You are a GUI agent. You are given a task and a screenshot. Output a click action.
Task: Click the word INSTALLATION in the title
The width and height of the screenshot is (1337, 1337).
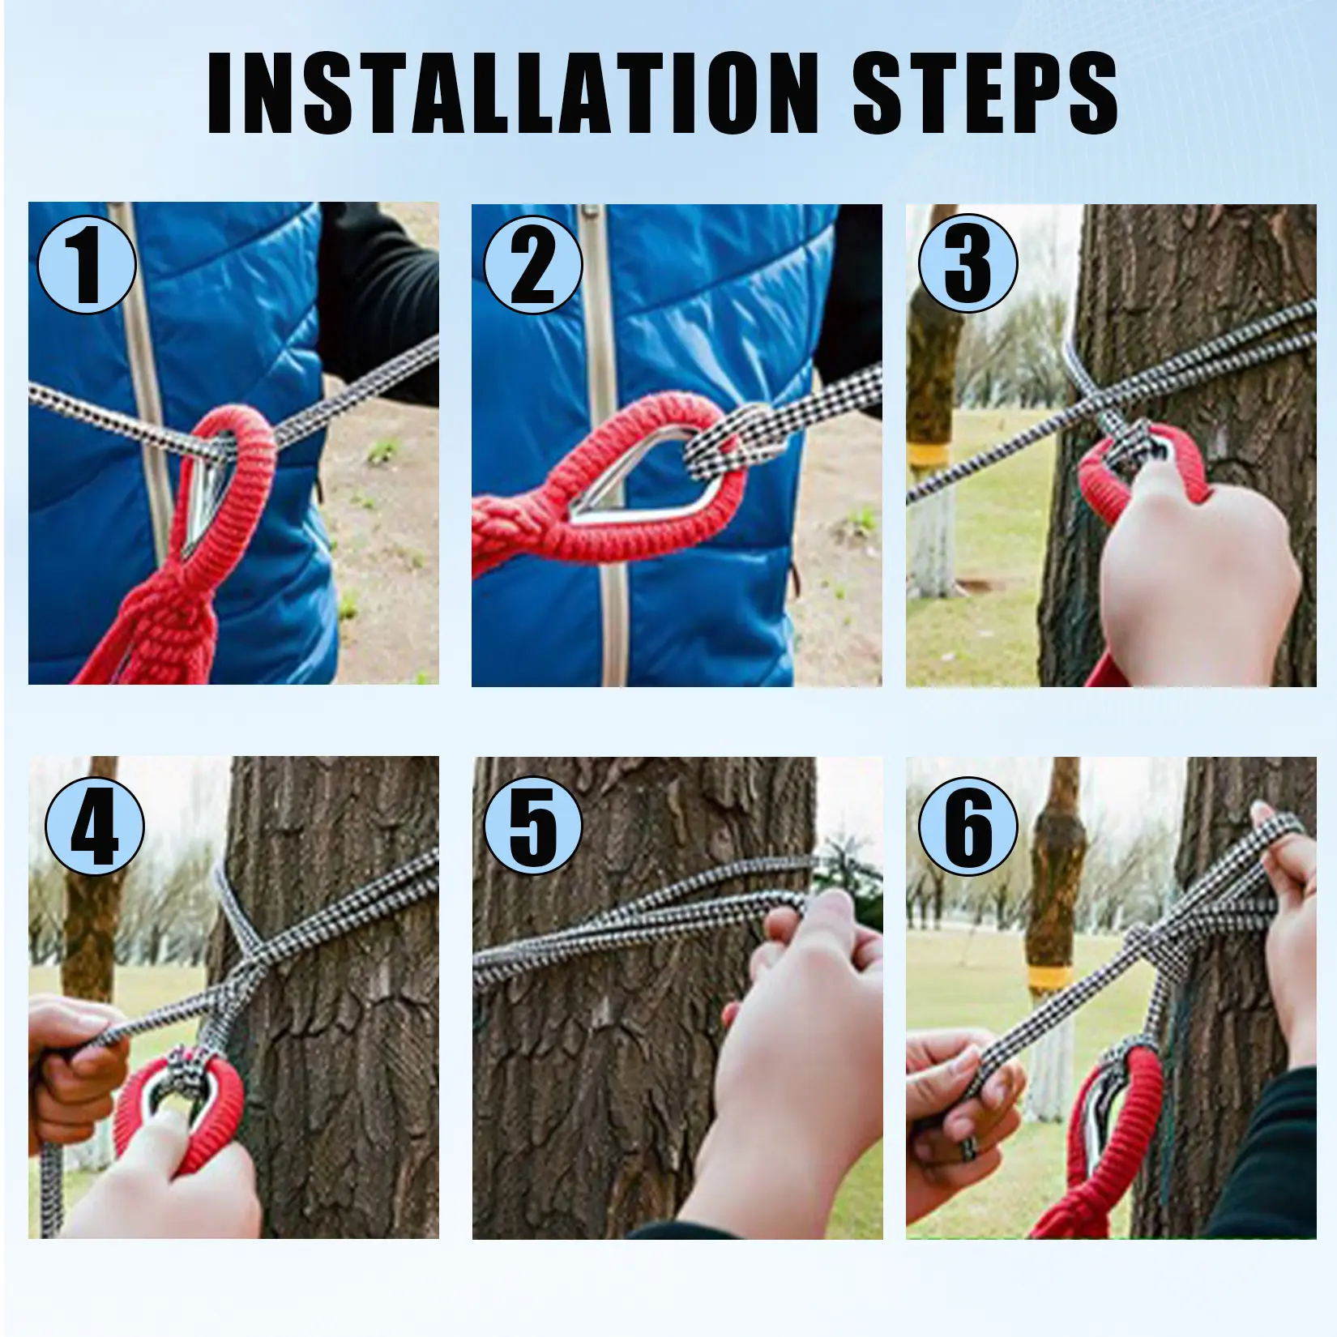click(x=512, y=92)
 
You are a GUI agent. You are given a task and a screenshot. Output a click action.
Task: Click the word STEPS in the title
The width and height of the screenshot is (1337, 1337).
click(x=985, y=92)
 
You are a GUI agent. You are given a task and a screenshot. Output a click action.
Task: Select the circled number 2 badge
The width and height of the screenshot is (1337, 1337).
click(x=533, y=264)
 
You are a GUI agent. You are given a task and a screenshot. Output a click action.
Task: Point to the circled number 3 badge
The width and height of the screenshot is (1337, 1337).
click(x=968, y=263)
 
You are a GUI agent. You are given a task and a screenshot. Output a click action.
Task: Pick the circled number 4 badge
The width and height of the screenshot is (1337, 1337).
click(x=95, y=826)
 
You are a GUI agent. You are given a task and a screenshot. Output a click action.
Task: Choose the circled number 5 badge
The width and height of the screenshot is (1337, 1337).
click(x=533, y=826)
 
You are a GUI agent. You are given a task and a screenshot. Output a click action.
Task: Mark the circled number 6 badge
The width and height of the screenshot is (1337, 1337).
click(x=968, y=826)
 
